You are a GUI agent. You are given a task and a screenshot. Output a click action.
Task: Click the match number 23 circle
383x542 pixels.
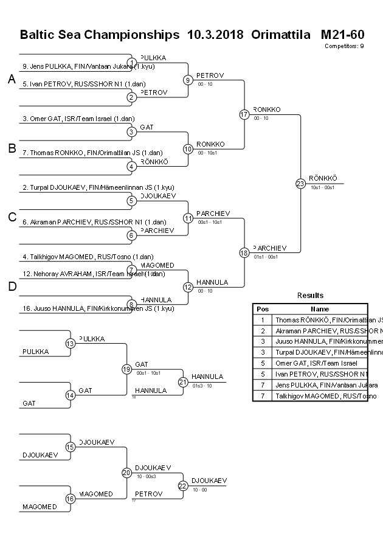click(x=300, y=183)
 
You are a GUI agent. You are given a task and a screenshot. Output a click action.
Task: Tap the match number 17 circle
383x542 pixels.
click(x=244, y=114)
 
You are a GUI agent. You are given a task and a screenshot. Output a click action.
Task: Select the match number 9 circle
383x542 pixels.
click(x=188, y=80)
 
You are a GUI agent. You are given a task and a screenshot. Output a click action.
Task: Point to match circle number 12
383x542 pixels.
click(x=188, y=287)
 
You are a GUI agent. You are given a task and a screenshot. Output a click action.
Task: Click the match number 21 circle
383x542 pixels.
click(x=183, y=382)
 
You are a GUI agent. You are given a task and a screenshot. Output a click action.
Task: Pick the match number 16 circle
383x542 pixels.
click(x=71, y=498)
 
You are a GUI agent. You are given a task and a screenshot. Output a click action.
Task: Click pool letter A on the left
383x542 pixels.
click(x=12, y=79)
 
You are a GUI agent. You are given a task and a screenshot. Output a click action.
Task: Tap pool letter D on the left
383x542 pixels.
click(x=12, y=287)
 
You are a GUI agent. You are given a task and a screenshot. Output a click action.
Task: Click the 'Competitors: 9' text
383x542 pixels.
click(x=344, y=46)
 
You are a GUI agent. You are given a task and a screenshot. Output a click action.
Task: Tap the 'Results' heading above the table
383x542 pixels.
click(x=310, y=295)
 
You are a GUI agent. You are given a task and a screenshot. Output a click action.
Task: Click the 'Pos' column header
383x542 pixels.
click(x=262, y=309)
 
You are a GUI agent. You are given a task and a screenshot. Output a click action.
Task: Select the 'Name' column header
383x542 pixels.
click(x=320, y=309)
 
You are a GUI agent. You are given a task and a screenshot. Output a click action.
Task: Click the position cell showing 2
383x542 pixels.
click(x=262, y=330)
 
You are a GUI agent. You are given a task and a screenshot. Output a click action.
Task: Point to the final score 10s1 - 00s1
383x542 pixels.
click(x=322, y=187)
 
